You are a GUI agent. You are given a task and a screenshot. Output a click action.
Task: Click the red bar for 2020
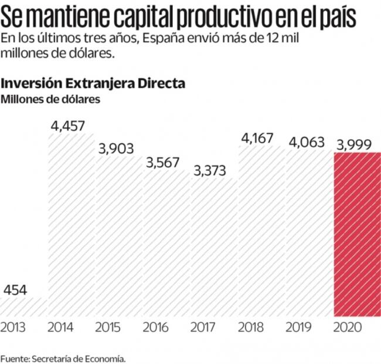[356, 235]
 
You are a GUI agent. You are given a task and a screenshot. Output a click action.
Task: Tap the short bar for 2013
[23, 307]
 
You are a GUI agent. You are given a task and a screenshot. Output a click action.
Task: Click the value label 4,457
[67, 125]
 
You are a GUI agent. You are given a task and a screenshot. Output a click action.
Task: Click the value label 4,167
[260, 140]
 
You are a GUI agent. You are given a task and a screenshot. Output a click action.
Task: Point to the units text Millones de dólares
[50, 99]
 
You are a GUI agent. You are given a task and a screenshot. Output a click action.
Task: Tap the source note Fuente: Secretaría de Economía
[63, 358]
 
